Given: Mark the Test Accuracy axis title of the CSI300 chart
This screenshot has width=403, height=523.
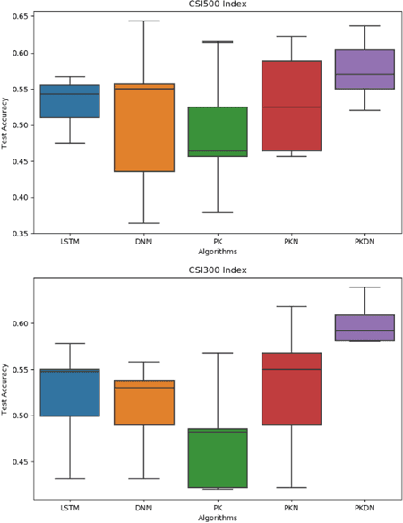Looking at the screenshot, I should point(6,390).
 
